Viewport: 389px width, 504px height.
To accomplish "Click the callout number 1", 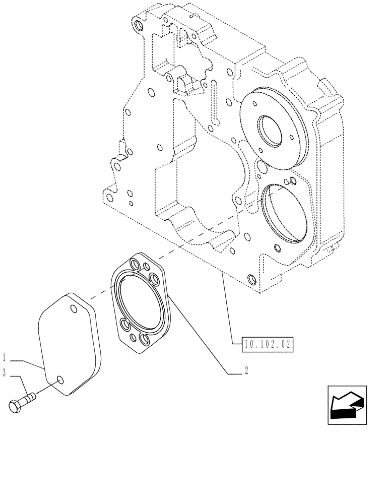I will pyautogui.click(x=4, y=359).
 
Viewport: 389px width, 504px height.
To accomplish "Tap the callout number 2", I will pyautogui.click(x=246, y=371).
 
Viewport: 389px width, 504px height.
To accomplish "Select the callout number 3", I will pyautogui.click(x=4, y=373).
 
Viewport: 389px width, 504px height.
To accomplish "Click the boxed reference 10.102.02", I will pyautogui.click(x=267, y=345).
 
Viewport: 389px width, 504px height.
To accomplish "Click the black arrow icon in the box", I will pyautogui.click(x=347, y=406).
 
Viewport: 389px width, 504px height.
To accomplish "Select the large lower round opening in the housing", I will pyautogui.click(x=284, y=211).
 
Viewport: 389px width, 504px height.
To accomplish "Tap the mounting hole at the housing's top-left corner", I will pyautogui.click(x=137, y=25).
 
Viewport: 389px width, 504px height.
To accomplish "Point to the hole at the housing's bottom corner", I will pyautogui.click(x=251, y=279).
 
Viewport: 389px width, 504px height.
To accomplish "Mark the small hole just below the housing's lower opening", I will pyautogui.click(x=276, y=247).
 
